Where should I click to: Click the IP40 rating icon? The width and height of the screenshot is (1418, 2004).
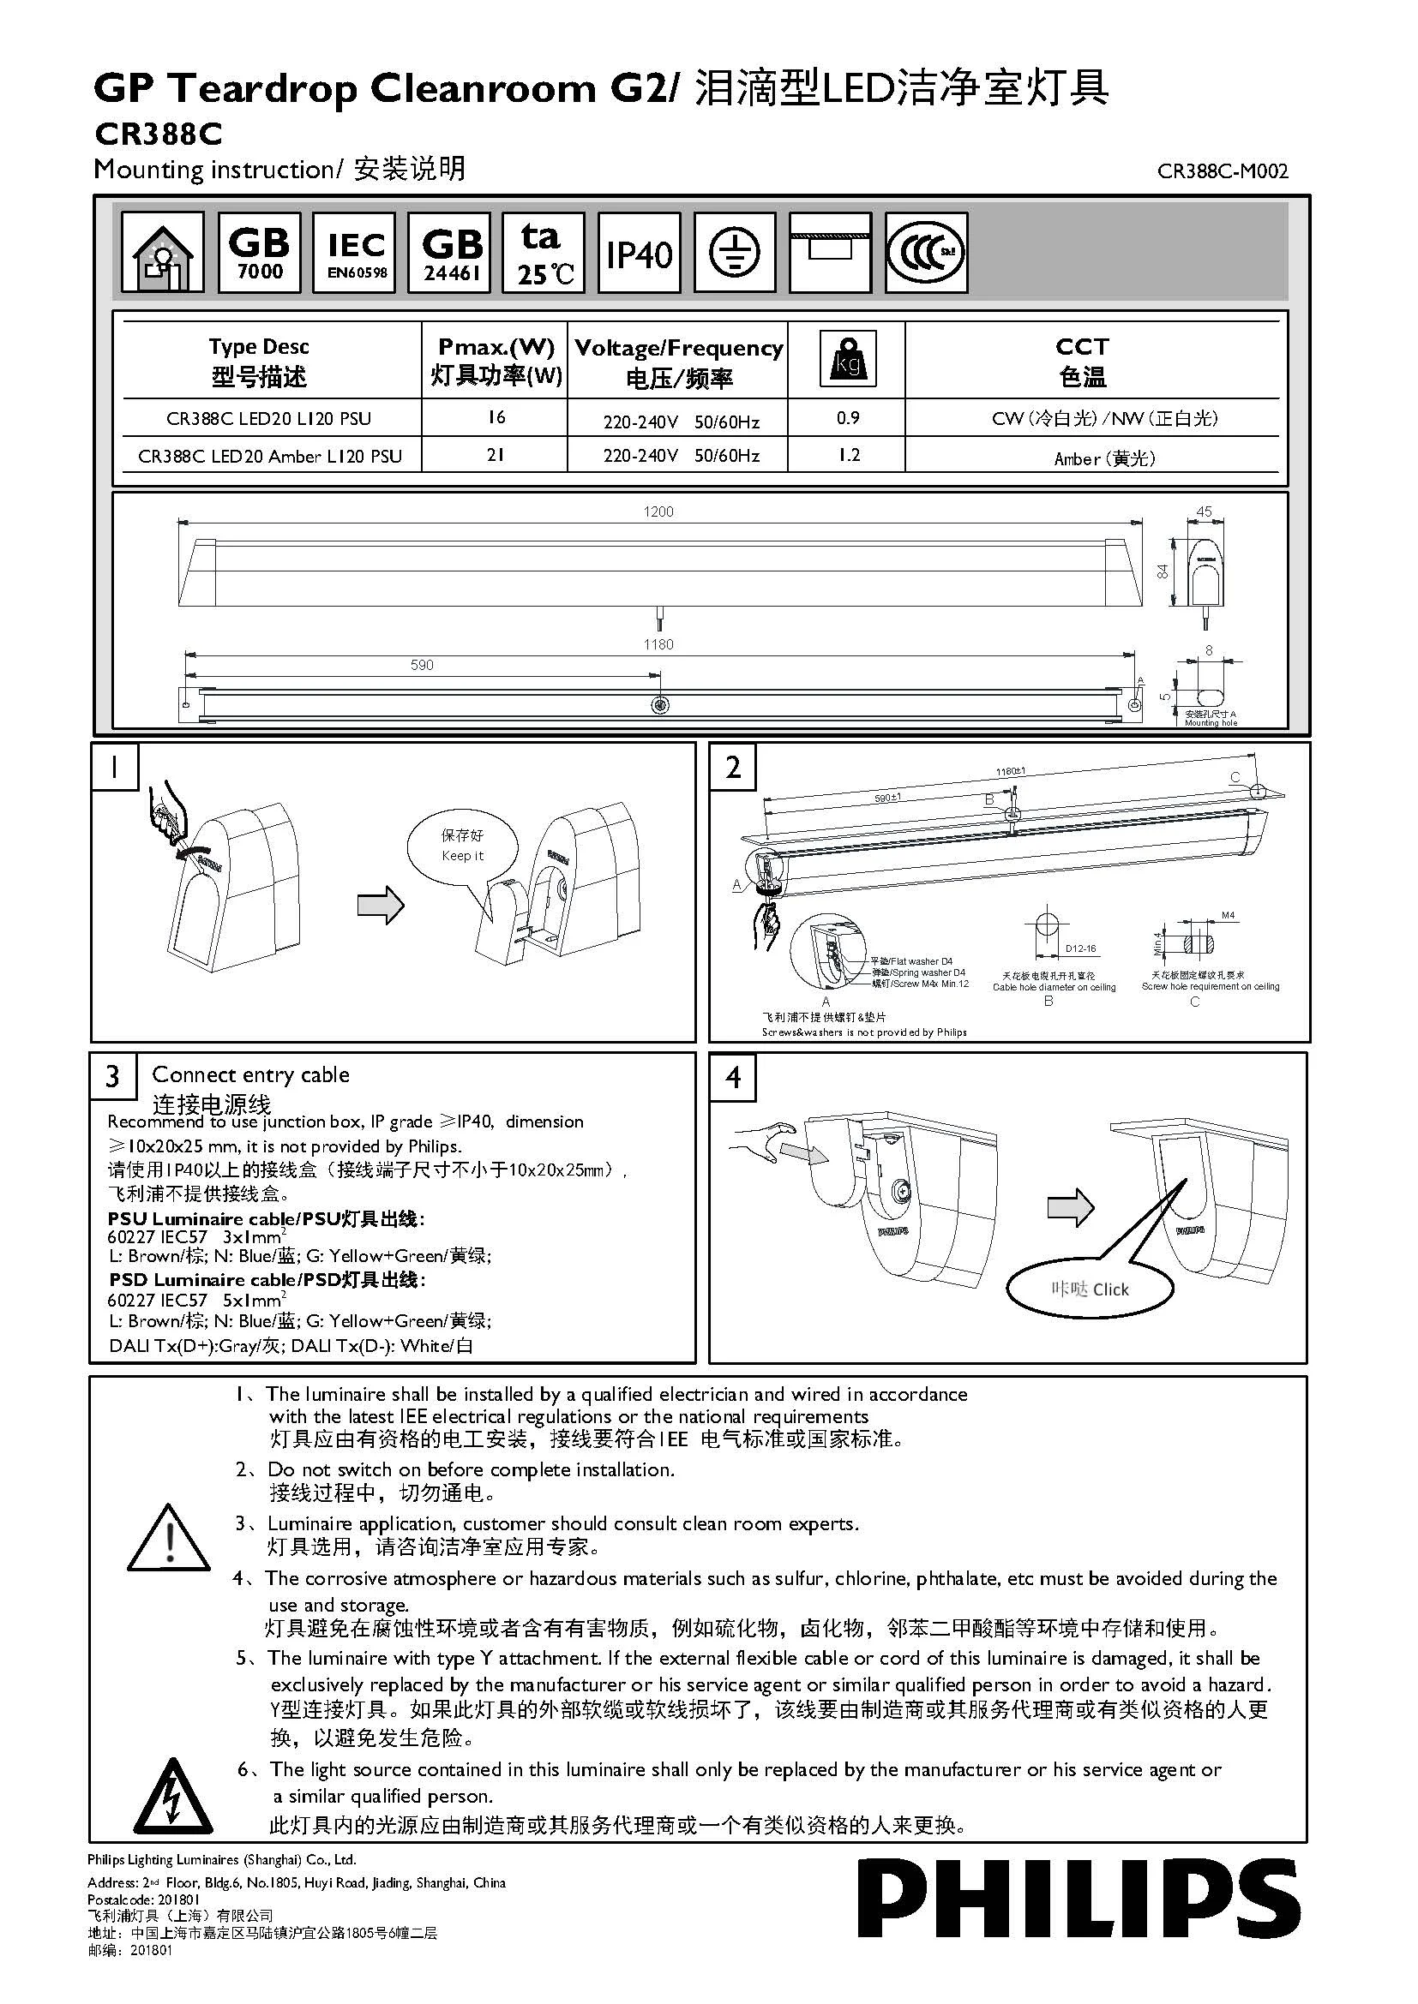[x=640, y=253]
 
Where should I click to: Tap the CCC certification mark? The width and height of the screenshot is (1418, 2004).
[x=926, y=253]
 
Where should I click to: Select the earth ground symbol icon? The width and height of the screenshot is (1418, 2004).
[x=735, y=253]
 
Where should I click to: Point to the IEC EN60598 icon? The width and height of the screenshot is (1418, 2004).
[x=356, y=253]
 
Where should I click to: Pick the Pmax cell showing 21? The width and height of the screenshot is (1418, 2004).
[x=495, y=455]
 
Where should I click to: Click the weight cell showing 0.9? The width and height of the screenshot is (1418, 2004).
[x=847, y=418]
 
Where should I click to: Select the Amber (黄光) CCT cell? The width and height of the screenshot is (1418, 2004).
[x=1103, y=458]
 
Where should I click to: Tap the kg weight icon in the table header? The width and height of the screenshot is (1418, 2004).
[x=847, y=359]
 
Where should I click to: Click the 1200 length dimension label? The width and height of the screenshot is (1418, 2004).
[x=658, y=511]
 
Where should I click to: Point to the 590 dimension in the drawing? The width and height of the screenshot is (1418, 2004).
[x=422, y=665]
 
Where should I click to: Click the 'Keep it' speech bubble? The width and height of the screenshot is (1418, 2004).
[x=462, y=846]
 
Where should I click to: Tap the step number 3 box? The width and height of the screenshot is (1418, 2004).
[x=112, y=1076]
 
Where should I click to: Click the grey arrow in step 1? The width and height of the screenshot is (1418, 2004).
[x=381, y=905]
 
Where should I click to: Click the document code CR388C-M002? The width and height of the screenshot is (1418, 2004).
[x=1222, y=171]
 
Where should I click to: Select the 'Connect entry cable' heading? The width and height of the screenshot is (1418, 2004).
[x=250, y=1074]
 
